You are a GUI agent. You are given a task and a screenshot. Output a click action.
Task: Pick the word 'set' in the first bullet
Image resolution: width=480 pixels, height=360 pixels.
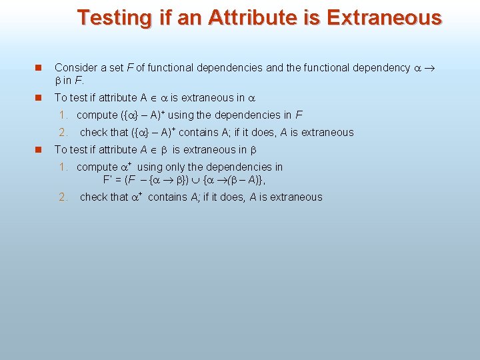[121, 67]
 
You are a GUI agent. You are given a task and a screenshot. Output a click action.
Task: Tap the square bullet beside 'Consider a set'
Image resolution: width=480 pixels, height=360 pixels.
[39, 68]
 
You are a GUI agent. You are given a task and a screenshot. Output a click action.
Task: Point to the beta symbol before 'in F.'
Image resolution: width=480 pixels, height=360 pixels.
[57, 81]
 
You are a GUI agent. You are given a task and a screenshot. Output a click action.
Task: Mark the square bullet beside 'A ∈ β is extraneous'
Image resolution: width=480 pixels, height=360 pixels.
[39, 150]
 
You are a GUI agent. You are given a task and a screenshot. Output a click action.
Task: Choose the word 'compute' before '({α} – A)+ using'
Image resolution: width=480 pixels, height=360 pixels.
[97, 115]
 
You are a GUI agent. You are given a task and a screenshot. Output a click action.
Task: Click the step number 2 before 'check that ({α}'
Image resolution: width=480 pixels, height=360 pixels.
[63, 132]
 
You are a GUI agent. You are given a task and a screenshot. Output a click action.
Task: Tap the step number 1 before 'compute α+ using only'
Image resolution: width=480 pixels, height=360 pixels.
[63, 167]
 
